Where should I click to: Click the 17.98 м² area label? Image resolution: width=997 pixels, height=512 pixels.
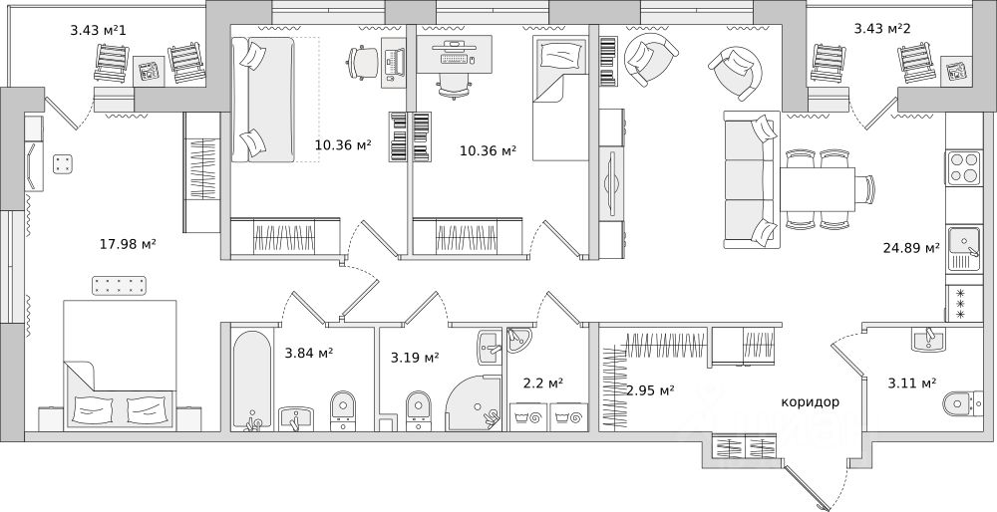point(129,243)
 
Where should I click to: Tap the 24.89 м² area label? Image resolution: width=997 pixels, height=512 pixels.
point(911,248)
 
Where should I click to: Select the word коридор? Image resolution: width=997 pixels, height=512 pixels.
point(810,402)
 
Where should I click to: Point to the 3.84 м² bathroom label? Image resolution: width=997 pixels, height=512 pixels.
point(309,354)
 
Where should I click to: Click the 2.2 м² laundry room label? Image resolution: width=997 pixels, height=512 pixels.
point(543,384)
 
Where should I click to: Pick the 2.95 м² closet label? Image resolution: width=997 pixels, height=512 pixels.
point(650,390)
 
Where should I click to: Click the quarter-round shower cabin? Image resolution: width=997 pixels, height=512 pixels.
point(477,402)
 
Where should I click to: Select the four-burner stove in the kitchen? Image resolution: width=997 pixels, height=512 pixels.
point(964,168)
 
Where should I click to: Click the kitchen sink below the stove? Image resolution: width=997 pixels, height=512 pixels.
point(964,250)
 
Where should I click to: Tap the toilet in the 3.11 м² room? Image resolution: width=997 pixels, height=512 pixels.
point(962,403)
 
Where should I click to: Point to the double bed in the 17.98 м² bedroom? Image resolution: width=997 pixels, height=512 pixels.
point(121,364)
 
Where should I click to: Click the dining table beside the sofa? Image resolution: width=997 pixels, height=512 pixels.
point(818,189)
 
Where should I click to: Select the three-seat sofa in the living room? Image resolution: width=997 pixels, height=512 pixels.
point(752,179)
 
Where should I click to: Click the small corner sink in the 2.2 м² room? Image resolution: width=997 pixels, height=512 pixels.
point(519,340)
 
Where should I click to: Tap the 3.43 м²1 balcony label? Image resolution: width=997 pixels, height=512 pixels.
point(103,30)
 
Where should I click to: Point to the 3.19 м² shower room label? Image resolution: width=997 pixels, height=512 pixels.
point(415,359)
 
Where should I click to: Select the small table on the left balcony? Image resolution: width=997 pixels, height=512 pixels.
point(149,71)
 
